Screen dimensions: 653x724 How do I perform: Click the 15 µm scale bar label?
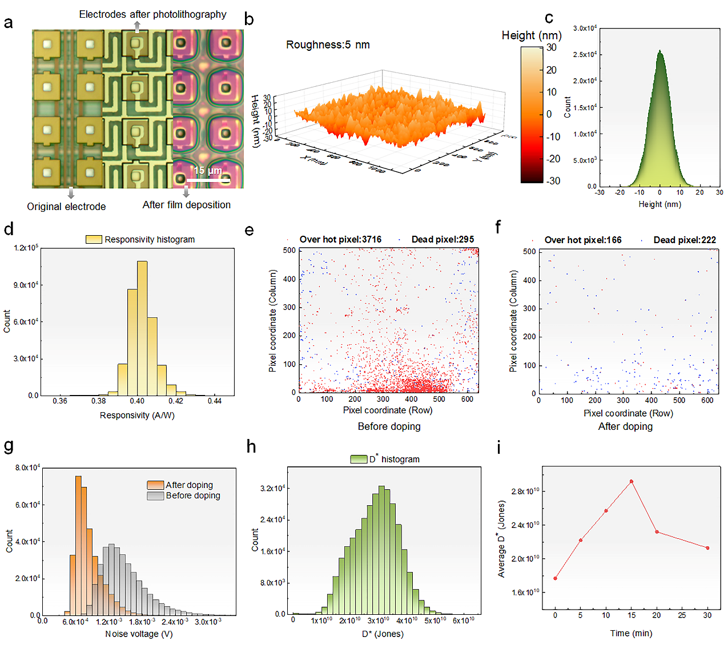208,170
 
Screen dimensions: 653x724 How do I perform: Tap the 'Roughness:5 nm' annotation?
328,45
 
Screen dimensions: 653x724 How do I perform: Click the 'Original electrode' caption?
66,207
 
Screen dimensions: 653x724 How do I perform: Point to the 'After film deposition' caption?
187,205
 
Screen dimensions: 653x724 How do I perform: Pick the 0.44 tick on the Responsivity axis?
215,401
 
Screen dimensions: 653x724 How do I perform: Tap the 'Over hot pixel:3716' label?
340,240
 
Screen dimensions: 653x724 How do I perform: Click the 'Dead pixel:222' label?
685,240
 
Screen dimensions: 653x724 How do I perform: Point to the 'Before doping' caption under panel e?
389,426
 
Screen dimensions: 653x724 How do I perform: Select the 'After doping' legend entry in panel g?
189,485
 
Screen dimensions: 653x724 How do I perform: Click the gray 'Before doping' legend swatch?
155,496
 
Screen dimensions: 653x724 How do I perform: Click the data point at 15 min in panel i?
632,481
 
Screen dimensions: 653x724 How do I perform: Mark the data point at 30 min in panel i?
707,548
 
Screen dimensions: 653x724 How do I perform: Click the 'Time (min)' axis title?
631,633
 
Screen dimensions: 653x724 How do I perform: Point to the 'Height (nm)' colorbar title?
532,35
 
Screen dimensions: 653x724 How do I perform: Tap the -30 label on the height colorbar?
553,181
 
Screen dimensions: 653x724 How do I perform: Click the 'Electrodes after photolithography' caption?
152,14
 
